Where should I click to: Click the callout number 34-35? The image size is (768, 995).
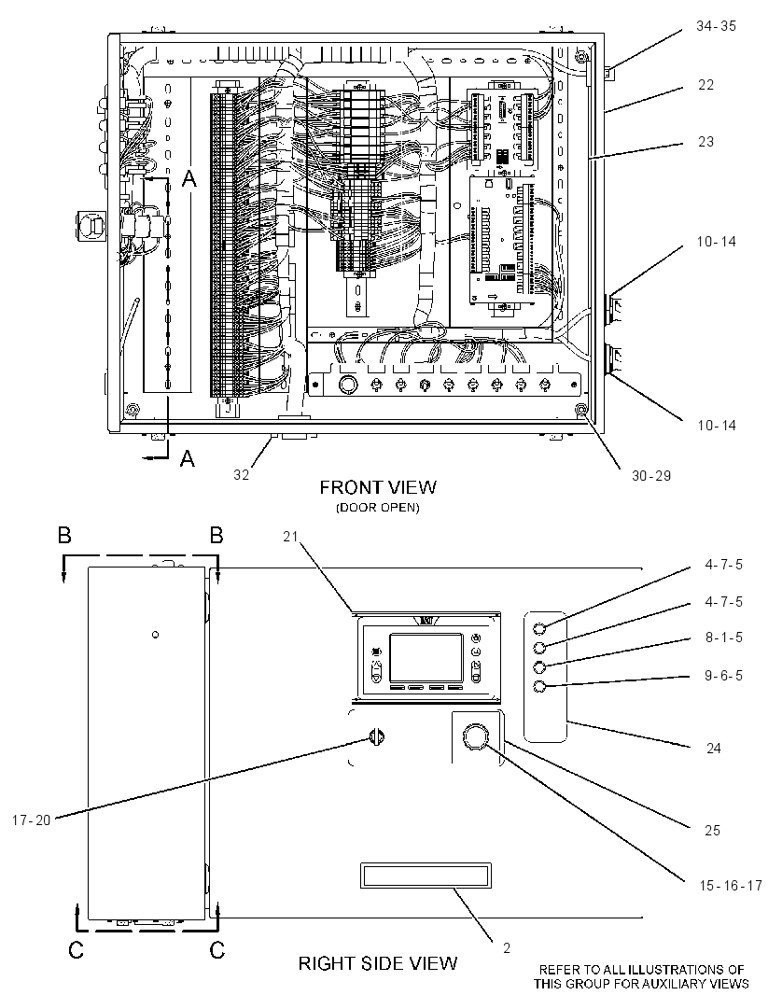tap(716, 27)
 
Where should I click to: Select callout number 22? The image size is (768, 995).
tap(705, 85)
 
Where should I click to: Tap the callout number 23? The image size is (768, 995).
tap(705, 142)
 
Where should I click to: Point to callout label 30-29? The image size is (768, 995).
tap(651, 475)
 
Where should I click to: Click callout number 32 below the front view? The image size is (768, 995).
tap(241, 475)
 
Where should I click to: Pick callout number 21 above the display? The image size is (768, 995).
tap(290, 537)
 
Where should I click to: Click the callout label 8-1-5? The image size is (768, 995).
tap(723, 638)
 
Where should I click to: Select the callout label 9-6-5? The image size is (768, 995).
tap(723, 676)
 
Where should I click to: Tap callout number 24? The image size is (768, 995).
tap(714, 749)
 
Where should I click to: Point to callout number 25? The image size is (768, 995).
tap(712, 831)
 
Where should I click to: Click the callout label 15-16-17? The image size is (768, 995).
tap(731, 886)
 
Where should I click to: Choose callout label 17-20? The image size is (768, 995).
tap(31, 820)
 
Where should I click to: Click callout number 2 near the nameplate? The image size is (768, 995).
tap(507, 948)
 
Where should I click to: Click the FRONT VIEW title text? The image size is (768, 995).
tap(378, 487)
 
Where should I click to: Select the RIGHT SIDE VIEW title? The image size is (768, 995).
tap(378, 963)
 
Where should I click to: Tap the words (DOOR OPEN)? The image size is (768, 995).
tap(378, 508)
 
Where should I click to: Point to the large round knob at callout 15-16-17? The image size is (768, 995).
tap(476, 738)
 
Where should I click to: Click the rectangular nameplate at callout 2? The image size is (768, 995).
tap(426, 876)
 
